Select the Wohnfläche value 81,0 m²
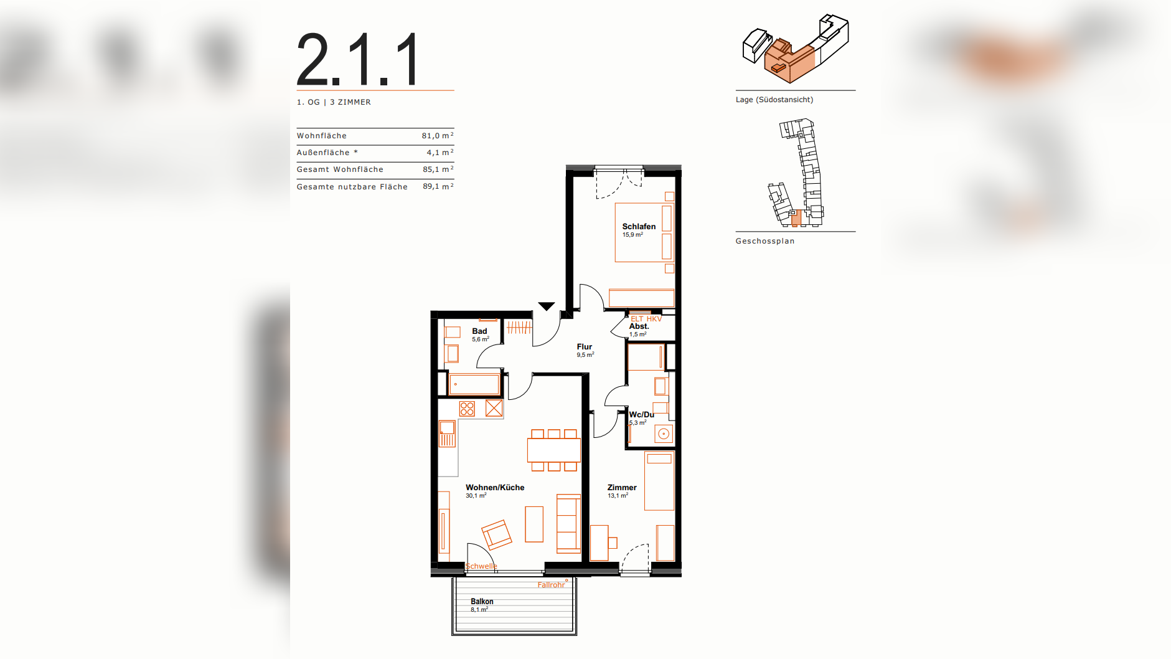438,135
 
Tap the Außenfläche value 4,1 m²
440,152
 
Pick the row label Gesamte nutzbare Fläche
352,186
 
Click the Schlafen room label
639,226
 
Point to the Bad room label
479,331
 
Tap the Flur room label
584,346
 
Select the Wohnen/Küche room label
495,487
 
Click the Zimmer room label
622,487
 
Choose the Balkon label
482,601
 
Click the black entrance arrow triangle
547,306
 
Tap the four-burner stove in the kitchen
467,409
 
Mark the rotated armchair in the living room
497,535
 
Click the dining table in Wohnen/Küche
554,450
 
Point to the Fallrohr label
551,584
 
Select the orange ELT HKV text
646,318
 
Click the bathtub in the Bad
474,384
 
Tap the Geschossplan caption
765,241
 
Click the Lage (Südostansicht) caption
774,100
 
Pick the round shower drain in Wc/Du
664,434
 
